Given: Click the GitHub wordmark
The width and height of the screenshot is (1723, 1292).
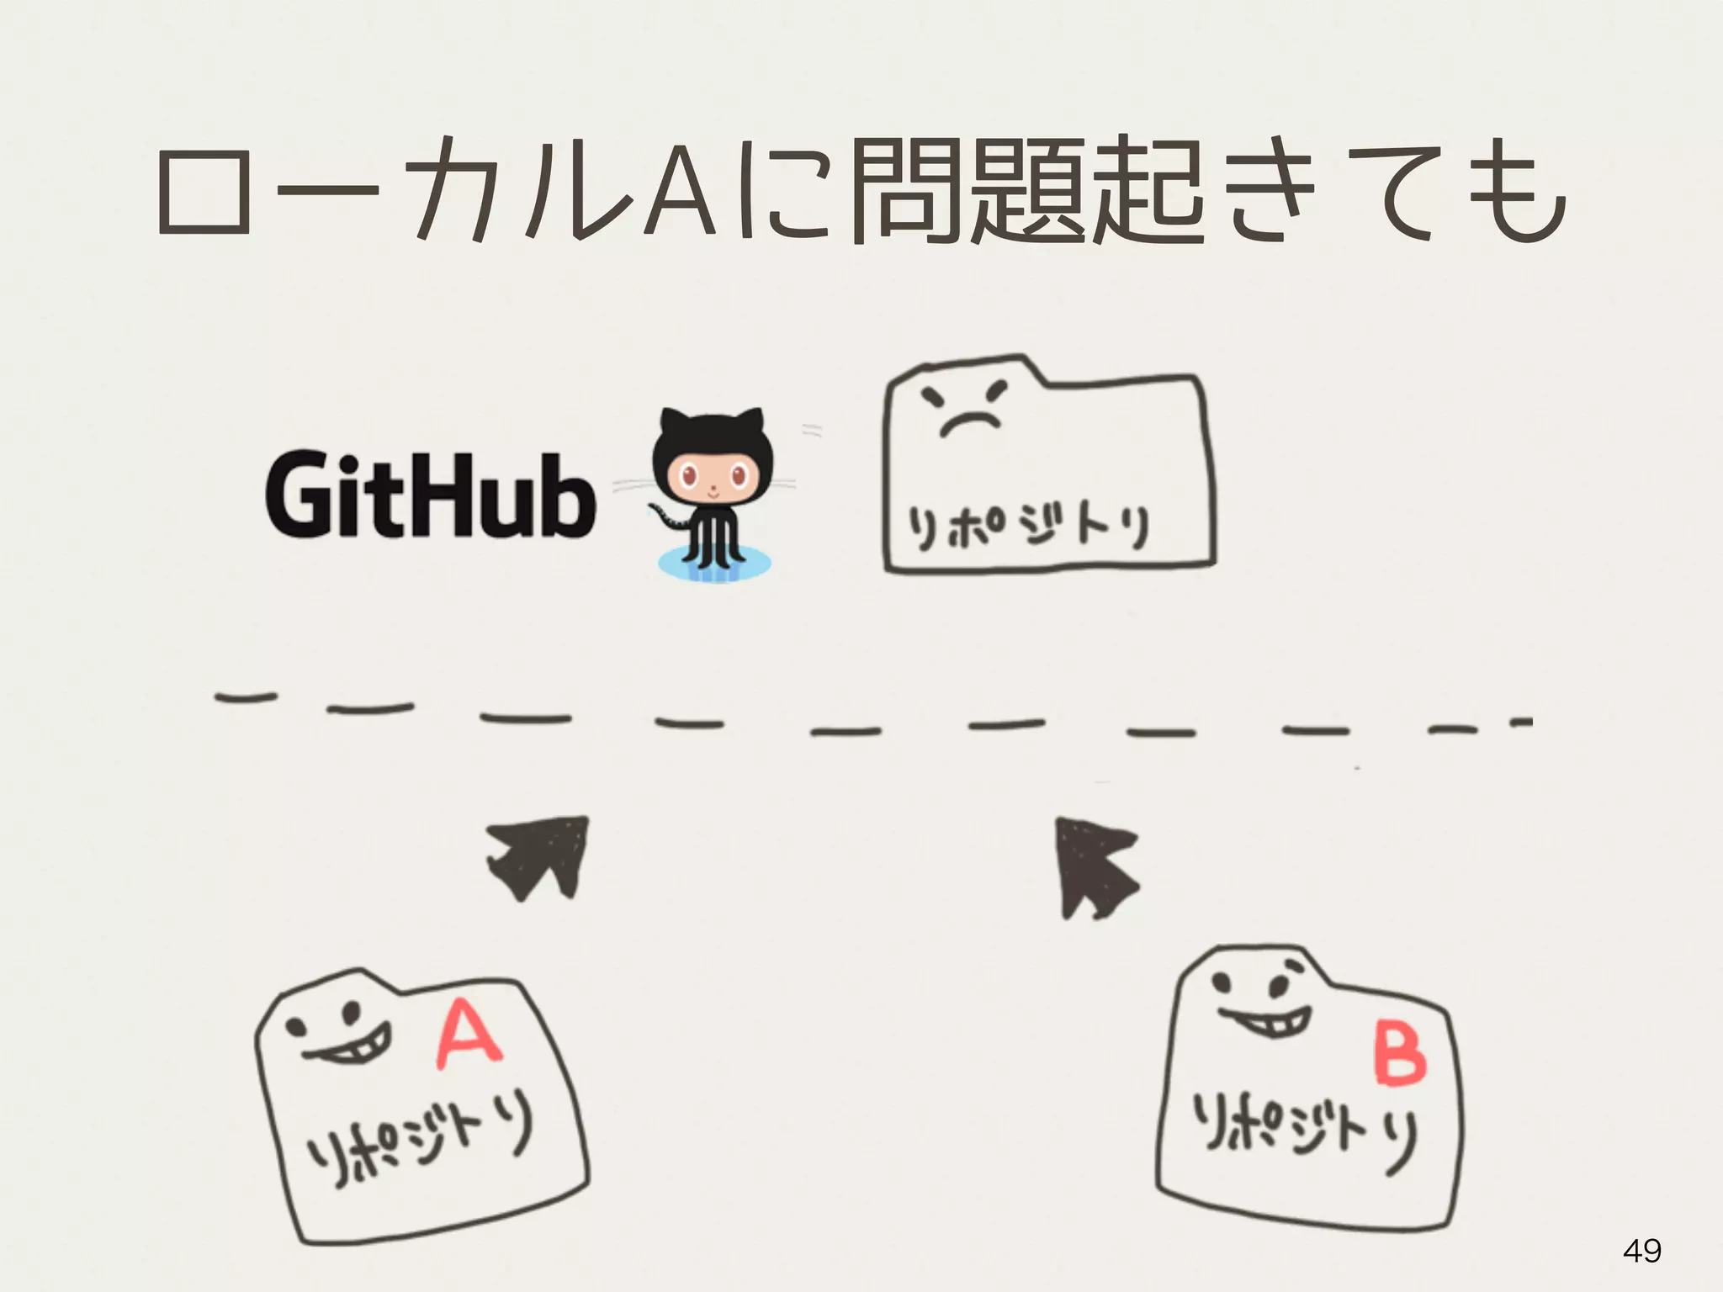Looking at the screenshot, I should [430, 497].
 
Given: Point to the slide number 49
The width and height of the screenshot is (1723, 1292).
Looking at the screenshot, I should [1641, 1251].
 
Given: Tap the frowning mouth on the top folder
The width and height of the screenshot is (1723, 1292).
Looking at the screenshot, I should [970, 423].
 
